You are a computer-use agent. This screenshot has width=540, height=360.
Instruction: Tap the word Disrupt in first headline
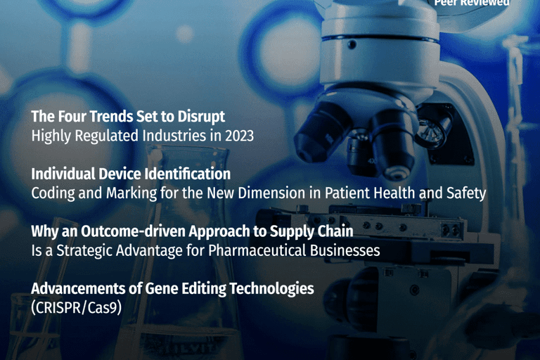202,116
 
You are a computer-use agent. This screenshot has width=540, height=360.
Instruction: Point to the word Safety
465,193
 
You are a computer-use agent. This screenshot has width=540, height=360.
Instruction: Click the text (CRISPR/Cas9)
77,307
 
